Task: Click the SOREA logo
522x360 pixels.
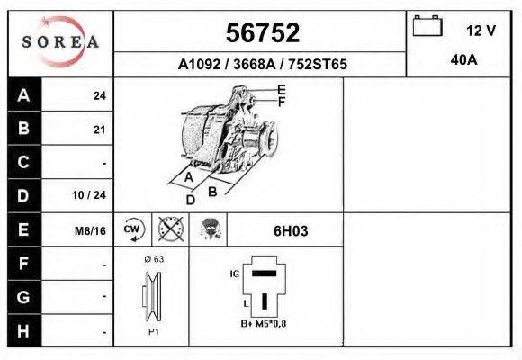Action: (60, 42)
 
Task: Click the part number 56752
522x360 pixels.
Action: (261, 32)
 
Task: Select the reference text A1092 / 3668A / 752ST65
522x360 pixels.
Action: (262, 65)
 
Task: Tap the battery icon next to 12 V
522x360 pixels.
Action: (425, 27)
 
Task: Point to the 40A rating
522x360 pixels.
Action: (463, 60)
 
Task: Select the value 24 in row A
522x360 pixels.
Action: (99, 96)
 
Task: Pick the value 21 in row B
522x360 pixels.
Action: (99, 130)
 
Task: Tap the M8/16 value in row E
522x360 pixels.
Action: (91, 230)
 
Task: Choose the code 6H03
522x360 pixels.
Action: (291, 230)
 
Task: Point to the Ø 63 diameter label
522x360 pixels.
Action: (153, 259)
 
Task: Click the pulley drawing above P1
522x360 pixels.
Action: (150, 296)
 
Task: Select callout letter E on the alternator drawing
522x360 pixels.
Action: (282, 89)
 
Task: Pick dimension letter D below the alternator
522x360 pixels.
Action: (190, 200)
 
